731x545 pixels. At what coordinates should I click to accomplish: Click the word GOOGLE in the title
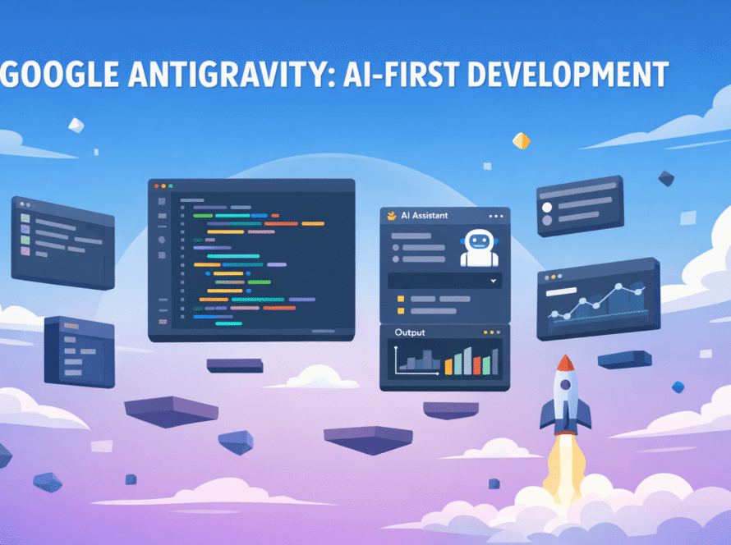[x=59, y=75]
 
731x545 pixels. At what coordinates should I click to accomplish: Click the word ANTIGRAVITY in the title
[x=232, y=75]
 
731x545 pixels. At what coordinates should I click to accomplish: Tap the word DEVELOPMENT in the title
[x=568, y=75]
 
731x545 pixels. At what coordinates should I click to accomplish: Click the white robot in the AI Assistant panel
[x=479, y=247]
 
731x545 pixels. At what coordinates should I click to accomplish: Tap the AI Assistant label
[x=425, y=216]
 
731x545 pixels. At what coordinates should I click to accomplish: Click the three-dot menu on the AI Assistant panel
[x=495, y=216]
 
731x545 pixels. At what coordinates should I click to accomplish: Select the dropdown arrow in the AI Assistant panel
[x=494, y=281]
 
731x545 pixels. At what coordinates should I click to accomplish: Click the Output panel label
[x=410, y=332]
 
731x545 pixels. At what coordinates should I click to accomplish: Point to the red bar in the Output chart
[x=477, y=366]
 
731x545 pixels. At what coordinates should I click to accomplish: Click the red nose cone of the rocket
[x=565, y=363]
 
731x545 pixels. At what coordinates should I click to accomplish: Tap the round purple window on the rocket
[x=566, y=385]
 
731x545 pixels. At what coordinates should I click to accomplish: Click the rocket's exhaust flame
[x=566, y=466]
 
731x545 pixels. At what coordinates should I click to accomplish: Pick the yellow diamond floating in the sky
[x=522, y=140]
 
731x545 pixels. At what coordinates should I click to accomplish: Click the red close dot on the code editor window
[x=157, y=185]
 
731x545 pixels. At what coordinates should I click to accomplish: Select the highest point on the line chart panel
[x=618, y=286]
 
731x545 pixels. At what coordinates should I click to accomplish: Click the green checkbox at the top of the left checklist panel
[x=25, y=218]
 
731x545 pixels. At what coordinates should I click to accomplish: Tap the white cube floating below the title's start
[x=76, y=125]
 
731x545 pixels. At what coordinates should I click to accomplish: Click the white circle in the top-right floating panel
[x=547, y=208]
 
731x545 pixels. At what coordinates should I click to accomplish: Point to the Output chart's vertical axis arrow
[x=396, y=360]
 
